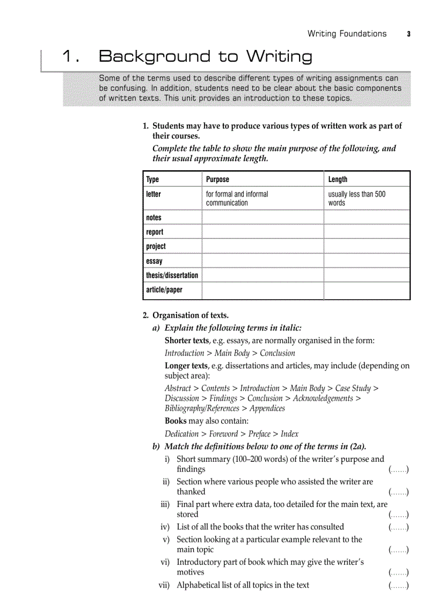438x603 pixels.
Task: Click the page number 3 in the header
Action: [x=408, y=34]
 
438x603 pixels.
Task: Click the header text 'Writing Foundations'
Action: [x=347, y=34]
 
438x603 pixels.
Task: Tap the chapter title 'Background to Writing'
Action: [x=206, y=56]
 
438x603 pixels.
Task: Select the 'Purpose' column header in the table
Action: [x=217, y=179]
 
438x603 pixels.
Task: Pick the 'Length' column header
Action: [x=338, y=179]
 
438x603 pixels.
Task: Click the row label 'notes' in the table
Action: [x=154, y=217]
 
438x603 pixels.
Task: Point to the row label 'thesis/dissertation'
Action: [x=172, y=275]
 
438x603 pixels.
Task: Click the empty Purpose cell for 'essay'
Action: [x=262, y=261]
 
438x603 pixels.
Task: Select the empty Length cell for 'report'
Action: [x=367, y=232]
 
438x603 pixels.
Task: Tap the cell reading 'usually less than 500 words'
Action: [x=356, y=199]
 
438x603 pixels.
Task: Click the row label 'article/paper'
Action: [x=164, y=290]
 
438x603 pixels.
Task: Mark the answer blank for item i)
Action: [x=398, y=470]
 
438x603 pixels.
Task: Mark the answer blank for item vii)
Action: [x=398, y=585]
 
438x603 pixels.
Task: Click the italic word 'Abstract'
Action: [x=178, y=388]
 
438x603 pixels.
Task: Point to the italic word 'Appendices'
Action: [x=267, y=408]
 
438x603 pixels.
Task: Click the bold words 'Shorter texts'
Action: [x=186, y=340]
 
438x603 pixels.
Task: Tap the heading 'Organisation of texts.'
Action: [x=191, y=315]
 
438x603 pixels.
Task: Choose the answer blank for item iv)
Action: [x=398, y=527]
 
